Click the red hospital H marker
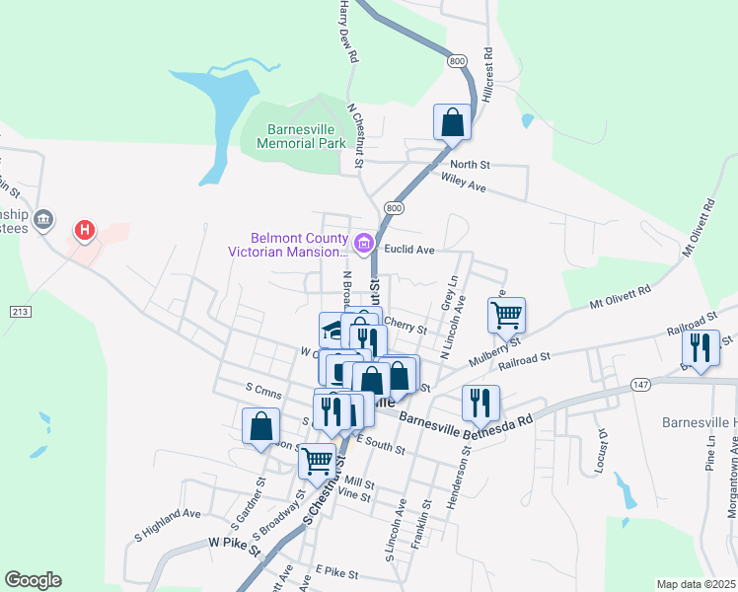[86, 231]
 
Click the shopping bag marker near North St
[452, 122]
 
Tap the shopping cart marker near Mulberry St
[506, 316]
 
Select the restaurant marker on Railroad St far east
[701, 347]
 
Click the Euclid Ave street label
[410, 251]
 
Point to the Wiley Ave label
[465, 185]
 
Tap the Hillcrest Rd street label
[487, 75]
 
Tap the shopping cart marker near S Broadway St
[317, 459]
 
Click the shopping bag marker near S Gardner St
[261, 426]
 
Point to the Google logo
[33, 580]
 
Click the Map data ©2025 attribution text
[696, 584]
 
